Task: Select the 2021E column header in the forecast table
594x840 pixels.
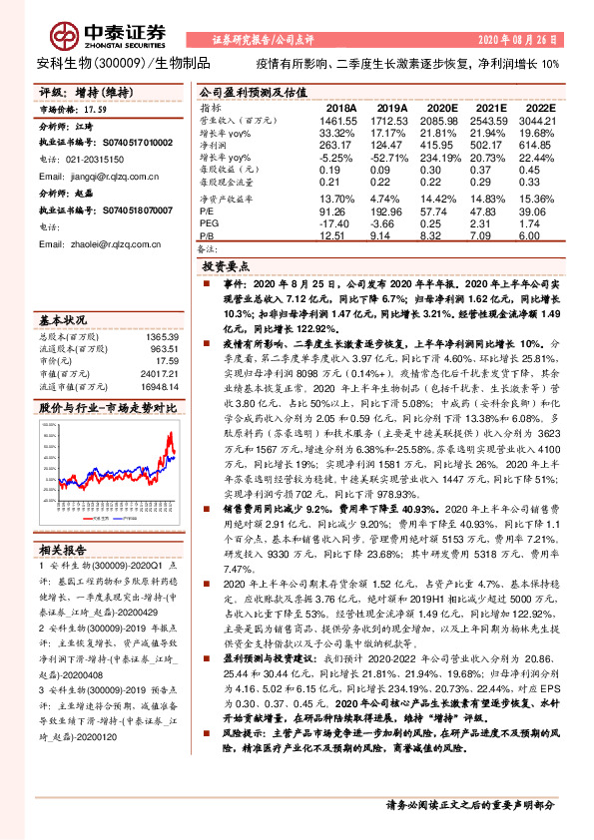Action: click(490, 107)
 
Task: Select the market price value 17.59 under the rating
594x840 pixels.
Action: click(96, 110)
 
